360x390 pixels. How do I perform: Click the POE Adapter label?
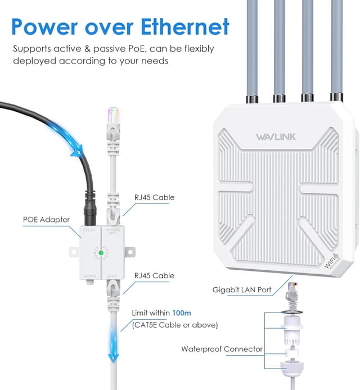click(x=46, y=220)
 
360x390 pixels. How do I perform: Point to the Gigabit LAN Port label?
click(x=242, y=290)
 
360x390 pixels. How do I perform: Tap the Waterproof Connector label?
click(x=222, y=349)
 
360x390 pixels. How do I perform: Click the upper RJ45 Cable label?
click(x=154, y=197)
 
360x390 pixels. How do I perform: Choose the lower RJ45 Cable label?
click(x=154, y=275)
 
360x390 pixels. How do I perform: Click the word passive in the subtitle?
click(x=112, y=48)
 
